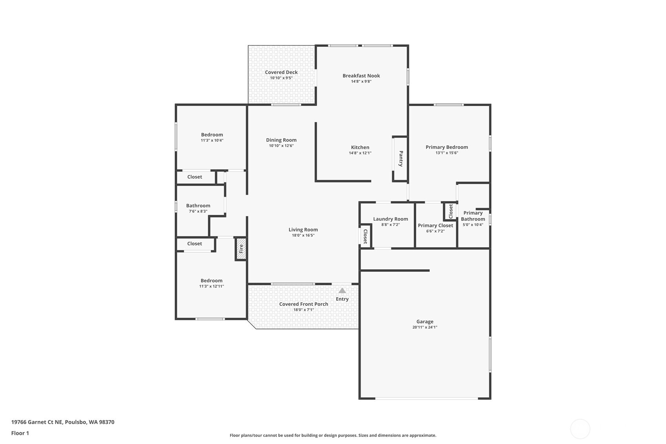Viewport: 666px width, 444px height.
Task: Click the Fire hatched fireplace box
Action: point(241,249)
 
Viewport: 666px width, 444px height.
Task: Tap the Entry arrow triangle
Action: point(342,291)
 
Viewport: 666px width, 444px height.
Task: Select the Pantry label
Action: point(401,159)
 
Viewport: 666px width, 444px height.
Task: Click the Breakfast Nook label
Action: point(361,76)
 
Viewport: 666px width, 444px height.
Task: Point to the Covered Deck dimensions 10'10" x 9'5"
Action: point(281,78)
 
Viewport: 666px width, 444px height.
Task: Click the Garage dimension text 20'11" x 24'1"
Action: point(425,327)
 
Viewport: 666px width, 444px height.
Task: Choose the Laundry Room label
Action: point(390,219)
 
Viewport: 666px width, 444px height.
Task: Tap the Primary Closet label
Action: point(435,225)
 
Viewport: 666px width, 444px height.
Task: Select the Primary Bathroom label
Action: point(473,216)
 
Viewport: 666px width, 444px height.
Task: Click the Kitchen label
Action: point(360,147)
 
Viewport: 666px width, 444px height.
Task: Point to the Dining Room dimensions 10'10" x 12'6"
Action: point(281,146)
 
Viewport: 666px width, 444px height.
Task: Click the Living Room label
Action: point(303,230)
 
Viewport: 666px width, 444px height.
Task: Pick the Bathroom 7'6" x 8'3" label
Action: point(198,206)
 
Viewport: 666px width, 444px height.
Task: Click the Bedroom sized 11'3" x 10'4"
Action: point(212,135)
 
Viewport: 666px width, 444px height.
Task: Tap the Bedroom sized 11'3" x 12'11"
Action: point(212,281)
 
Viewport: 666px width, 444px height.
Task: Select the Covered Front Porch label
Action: point(303,304)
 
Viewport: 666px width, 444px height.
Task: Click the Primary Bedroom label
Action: point(447,147)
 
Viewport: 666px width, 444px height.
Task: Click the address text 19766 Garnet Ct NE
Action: point(37,422)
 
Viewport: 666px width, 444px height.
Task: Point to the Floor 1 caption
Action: point(20,433)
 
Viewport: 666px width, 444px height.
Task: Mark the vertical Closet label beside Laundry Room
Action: point(365,236)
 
